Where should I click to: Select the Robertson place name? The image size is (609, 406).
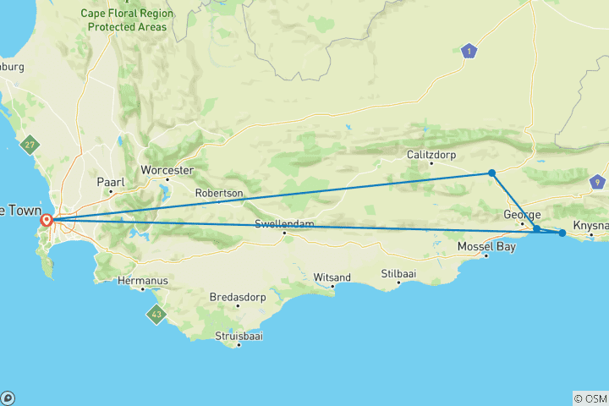tap(219, 194)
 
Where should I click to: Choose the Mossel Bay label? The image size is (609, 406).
tap(486, 246)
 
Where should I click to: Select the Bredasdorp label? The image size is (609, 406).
tap(238, 298)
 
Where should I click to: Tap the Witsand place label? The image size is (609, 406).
tap(332, 277)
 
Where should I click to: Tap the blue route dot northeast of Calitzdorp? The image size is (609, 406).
tap(491, 173)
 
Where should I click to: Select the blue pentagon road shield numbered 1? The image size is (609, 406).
tap(468, 52)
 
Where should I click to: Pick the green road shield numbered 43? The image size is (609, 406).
tap(156, 315)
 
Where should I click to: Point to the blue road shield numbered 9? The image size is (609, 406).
tap(598, 181)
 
